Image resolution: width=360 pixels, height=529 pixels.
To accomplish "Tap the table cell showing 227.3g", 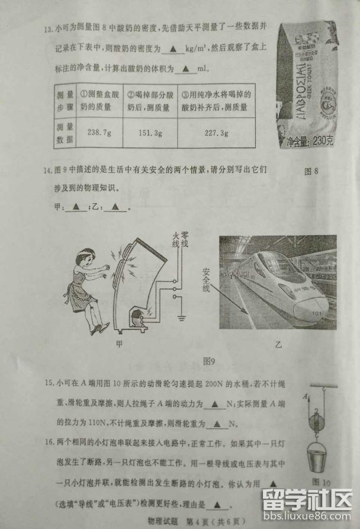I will pyautogui.click(x=216, y=133).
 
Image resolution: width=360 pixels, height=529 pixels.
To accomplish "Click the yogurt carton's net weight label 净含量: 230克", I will pyautogui.click(x=310, y=142).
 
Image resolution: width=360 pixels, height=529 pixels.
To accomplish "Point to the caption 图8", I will pyautogui.click(x=311, y=172).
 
